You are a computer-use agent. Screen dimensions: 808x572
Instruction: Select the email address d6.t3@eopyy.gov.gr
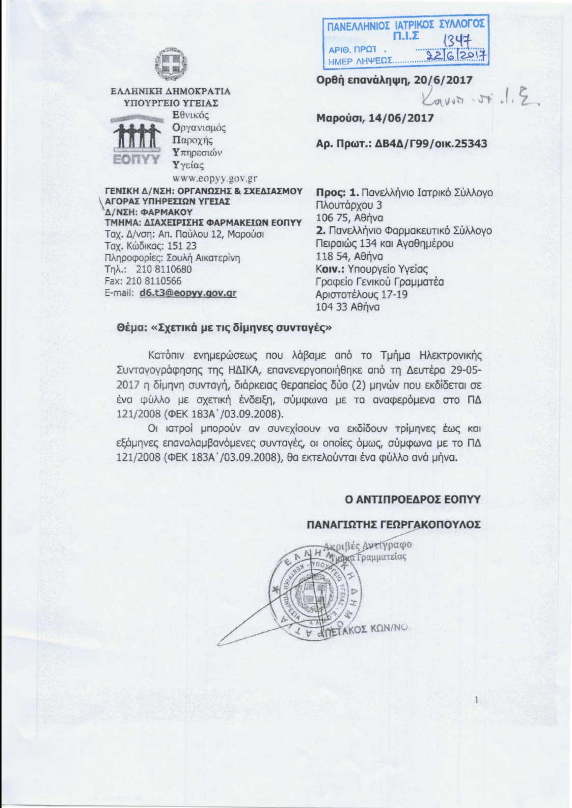click(188, 293)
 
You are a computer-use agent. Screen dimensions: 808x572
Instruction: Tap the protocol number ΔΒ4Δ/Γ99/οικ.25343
click(431, 144)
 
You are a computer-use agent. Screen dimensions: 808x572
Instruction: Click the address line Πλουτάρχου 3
click(349, 205)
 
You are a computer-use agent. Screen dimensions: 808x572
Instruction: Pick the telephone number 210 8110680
click(164, 269)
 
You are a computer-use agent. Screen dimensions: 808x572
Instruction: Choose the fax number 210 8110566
click(153, 281)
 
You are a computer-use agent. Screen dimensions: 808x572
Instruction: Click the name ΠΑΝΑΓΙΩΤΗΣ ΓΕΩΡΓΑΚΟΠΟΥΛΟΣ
click(394, 525)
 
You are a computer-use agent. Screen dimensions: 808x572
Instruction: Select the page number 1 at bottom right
click(476, 700)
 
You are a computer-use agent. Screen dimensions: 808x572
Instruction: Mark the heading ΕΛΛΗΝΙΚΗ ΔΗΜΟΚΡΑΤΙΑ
click(171, 91)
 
